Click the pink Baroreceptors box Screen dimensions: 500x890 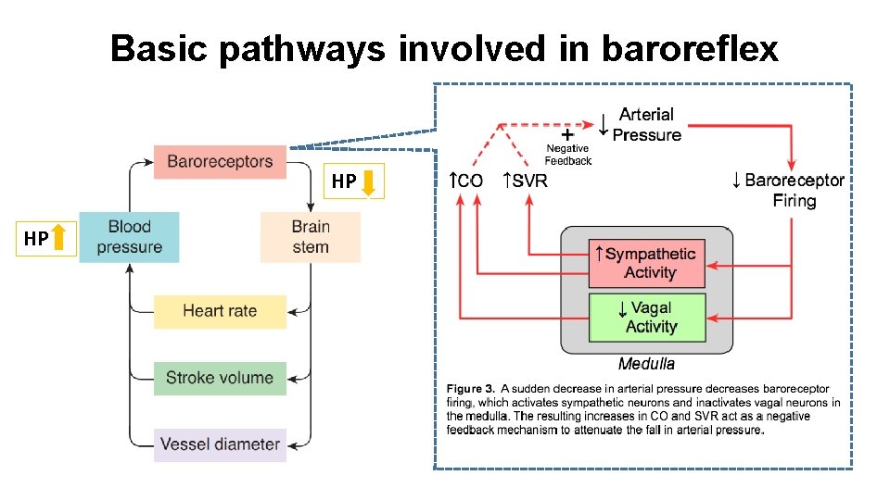click(x=220, y=162)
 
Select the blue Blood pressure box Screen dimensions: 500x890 click(x=129, y=237)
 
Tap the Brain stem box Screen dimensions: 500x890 click(x=310, y=237)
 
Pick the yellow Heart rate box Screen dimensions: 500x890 click(x=220, y=311)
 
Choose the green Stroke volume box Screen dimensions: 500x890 click(x=220, y=378)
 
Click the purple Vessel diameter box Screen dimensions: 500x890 click(x=220, y=444)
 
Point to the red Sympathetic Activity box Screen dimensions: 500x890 click(x=647, y=263)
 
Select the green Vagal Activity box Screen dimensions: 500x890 click(x=647, y=317)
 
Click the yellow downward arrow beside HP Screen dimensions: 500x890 click(x=368, y=181)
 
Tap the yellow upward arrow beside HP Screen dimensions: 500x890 click(x=60, y=239)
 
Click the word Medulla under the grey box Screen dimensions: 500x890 click(x=646, y=364)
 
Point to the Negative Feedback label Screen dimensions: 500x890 click(x=567, y=155)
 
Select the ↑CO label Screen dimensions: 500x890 click(x=466, y=181)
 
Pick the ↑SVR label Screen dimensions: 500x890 click(x=525, y=181)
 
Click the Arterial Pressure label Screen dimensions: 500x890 click(x=646, y=125)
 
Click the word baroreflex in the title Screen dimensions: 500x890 click(x=690, y=48)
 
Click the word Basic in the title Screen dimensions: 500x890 click(x=159, y=48)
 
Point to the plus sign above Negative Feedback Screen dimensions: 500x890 click(x=566, y=134)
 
